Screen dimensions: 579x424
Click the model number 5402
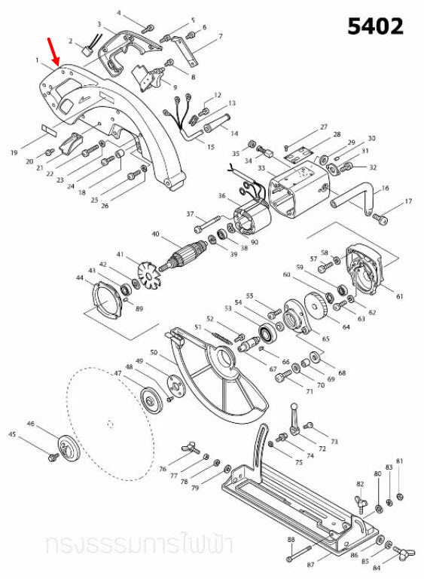[375, 27]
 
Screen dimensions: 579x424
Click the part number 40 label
[156, 234]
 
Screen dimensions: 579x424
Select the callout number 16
[386, 187]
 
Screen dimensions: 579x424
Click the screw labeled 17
[380, 218]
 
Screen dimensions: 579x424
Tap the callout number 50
[153, 353]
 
